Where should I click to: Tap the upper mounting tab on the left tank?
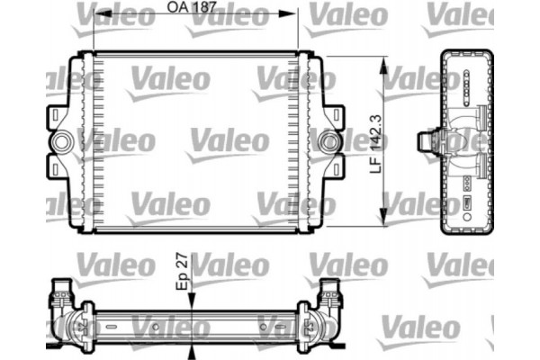56,118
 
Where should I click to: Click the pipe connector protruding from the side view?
428,142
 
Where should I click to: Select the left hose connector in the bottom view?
62,292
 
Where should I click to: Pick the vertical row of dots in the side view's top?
468,82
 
